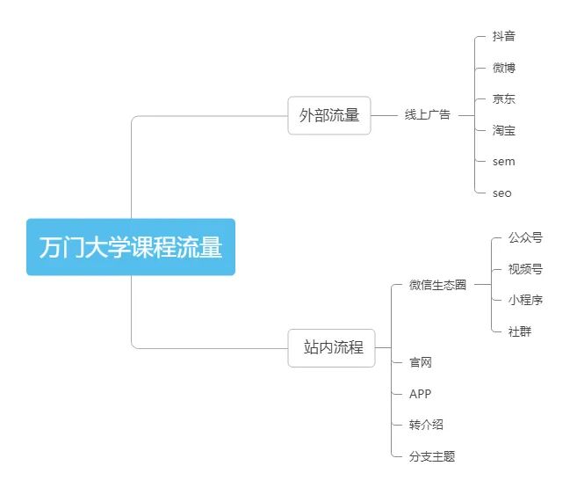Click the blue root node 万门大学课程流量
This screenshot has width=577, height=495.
(x=131, y=247)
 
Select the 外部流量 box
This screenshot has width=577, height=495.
(x=329, y=115)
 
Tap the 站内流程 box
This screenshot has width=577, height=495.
(x=331, y=347)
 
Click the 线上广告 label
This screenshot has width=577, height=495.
(x=427, y=115)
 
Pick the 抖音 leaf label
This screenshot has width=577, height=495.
(x=503, y=37)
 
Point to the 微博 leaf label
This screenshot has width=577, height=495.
(x=503, y=68)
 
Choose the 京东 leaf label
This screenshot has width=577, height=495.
(x=503, y=99)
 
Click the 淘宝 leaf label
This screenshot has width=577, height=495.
(x=503, y=131)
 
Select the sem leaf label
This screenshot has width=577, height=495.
(x=503, y=162)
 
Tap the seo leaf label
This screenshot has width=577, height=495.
(x=501, y=193)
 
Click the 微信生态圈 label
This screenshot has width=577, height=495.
(x=437, y=285)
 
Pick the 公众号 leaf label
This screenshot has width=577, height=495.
(x=525, y=237)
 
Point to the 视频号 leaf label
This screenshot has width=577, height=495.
(x=525, y=269)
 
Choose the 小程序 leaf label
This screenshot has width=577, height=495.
(x=525, y=300)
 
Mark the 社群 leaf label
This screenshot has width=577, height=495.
(x=519, y=331)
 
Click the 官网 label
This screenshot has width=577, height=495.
(x=420, y=362)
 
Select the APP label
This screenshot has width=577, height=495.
(x=420, y=394)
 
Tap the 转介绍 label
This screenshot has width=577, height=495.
(x=426, y=425)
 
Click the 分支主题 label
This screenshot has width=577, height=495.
(x=432, y=456)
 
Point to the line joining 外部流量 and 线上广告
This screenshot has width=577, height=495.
(x=385, y=115)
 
